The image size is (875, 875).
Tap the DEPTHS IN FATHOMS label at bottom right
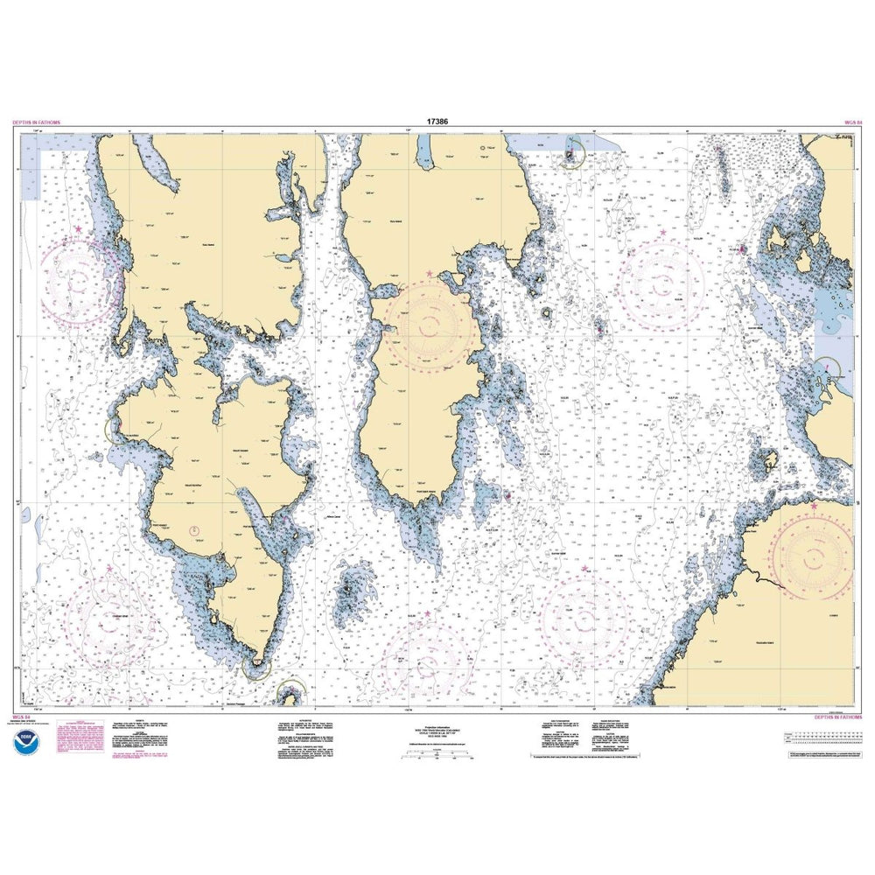point(835,716)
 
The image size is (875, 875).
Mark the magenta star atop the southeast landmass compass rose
point(814,506)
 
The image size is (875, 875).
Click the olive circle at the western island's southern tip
point(258,665)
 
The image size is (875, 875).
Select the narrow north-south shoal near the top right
point(724,171)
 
